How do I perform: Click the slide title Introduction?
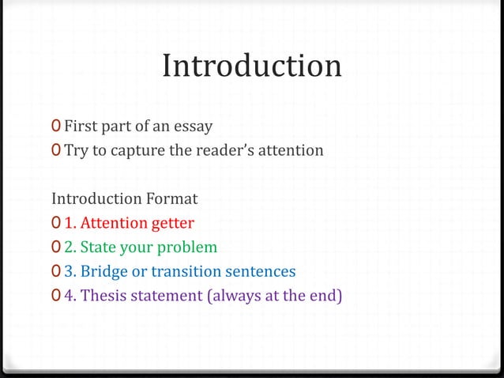coord(252,66)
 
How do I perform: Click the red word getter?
coord(171,222)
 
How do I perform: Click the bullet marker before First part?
coord(55,126)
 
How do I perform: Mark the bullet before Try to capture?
coord(55,149)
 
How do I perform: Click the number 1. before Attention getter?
coord(70,222)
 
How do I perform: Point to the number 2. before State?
coord(70,248)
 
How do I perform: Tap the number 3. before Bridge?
coord(70,272)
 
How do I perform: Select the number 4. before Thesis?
coord(70,297)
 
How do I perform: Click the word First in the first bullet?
coord(79,126)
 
